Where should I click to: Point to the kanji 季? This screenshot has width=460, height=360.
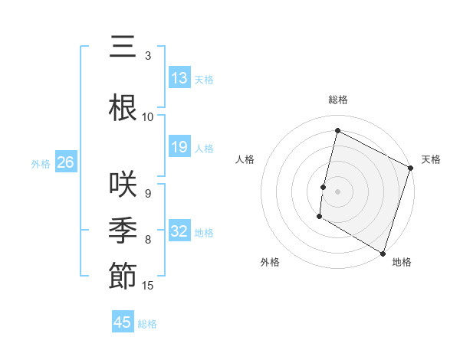pyautogui.click(x=123, y=229)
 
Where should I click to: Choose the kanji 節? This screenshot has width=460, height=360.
pyautogui.click(x=123, y=275)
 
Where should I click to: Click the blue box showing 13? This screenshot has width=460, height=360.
pyautogui.click(x=179, y=78)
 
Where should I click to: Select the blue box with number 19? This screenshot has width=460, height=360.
pyautogui.click(x=179, y=147)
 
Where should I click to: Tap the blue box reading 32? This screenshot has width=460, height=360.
pyautogui.click(x=179, y=231)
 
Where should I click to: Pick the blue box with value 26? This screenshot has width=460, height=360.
pyautogui.click(x=66, y=162)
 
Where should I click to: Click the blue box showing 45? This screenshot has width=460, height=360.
pyautogui.click(x=123, y=322)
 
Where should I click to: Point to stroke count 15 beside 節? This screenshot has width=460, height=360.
pyautogui.click(x=148, y=286)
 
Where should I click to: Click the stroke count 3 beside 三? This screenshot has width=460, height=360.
pyautogui.click(x=148, y=56)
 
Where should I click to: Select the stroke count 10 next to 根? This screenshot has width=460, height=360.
pyautogui.click(x=148, y=117)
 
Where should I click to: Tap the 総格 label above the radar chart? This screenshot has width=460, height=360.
pyautogui.click(x=338, y=100)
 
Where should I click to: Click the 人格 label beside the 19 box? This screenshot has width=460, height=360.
pyautogui.click(x=204, y=148)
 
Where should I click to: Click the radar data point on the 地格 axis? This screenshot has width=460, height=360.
pyautogui.click(x=383, y=253)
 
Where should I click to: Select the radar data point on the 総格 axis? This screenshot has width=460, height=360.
pyautogui.click(x=337, y=131)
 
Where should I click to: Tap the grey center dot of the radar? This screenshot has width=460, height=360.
pyautogui.click(x=337, y=191)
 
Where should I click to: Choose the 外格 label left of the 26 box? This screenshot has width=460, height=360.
pyautogui.click(x=40, y=163)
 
